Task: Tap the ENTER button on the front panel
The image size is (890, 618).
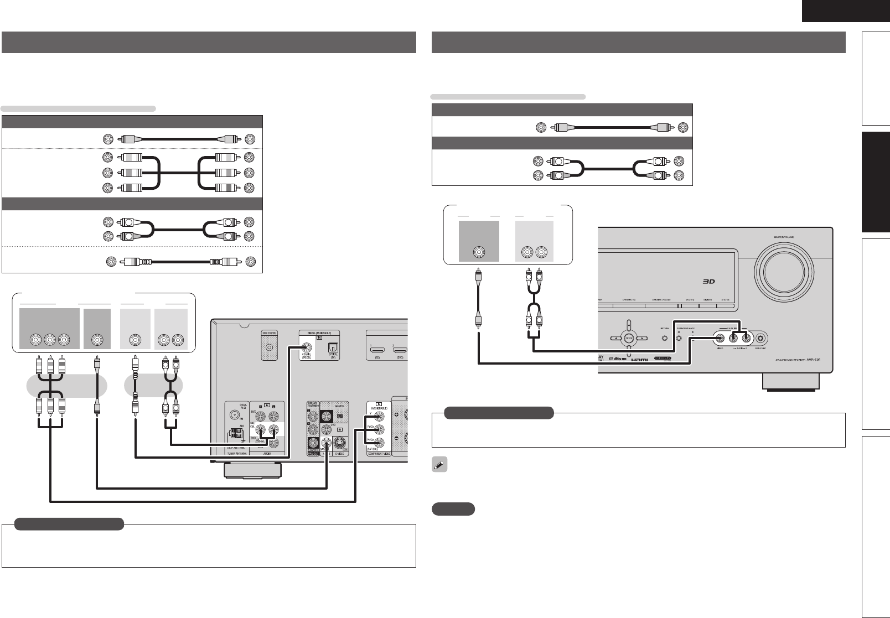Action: (628, 338)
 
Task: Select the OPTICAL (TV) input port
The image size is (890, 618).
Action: (333, 349)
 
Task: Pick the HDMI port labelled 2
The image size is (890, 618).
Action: (400, 351)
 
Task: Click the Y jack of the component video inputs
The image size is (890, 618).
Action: (378, 418)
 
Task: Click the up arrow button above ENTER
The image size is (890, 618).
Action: (628, 325)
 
